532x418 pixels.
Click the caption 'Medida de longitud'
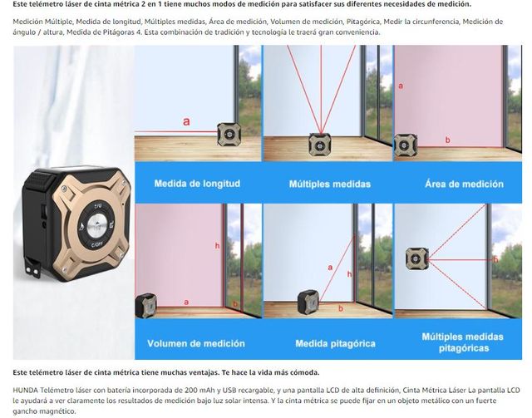197,184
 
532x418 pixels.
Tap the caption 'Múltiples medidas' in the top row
330,184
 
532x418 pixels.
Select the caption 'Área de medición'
464,184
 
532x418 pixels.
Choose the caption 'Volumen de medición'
196,343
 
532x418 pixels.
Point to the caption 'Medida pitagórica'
336,344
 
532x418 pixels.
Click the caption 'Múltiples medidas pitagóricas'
463,342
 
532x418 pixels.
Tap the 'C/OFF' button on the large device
97,244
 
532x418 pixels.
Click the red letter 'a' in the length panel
186,121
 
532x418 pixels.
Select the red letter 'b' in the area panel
447,140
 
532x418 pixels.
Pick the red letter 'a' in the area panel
401,86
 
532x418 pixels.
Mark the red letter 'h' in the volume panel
217,246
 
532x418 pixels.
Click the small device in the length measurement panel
229,135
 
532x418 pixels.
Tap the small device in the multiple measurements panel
320,145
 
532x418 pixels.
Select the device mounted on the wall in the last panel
417,258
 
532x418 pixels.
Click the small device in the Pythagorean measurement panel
308,302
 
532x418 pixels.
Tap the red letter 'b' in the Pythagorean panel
341,308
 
